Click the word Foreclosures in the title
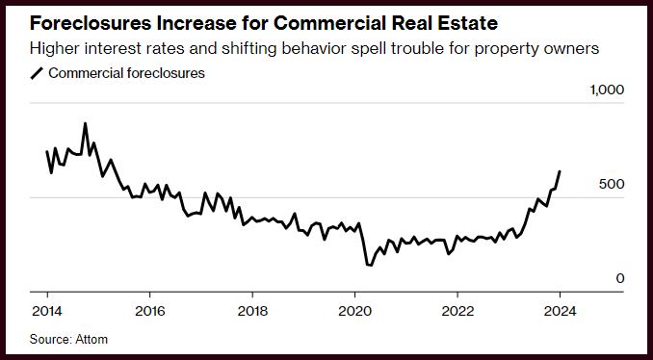[x=91, y=24]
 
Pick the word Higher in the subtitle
[x=52, y=50]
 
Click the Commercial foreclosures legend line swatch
[x=37, y=74]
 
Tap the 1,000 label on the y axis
[x=607, y=90]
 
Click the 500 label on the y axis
[x=612, y=184]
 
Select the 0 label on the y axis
[x=620, y=278]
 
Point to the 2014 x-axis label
[x=47, y=311]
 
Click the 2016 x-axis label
[x=149, y=311]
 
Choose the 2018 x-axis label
[x=252, y=311]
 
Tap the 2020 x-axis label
[x=354, y=311]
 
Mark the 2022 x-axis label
[x=457, y=311]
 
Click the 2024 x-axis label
[x=561, y=311]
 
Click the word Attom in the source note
[x=91, y=339]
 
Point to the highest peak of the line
[x=85, y=123]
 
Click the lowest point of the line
[x=370, y=265]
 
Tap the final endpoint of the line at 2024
[x=560, y=171]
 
